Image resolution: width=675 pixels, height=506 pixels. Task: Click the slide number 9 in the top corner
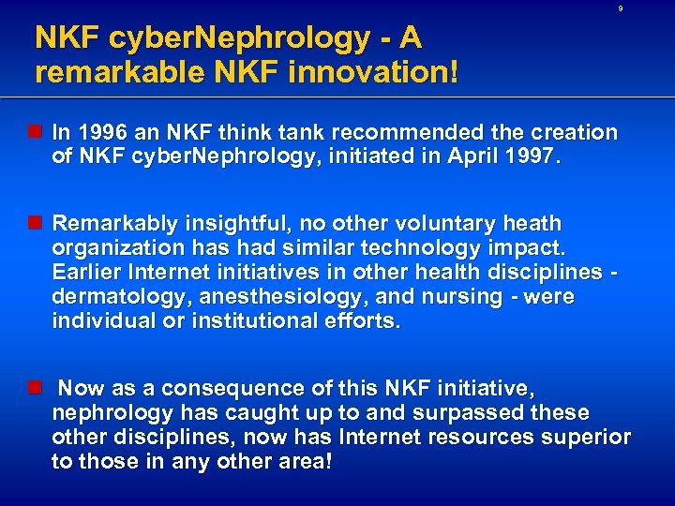620,8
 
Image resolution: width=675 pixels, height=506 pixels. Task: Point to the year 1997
531,157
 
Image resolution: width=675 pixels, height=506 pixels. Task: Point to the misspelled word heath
532,224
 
